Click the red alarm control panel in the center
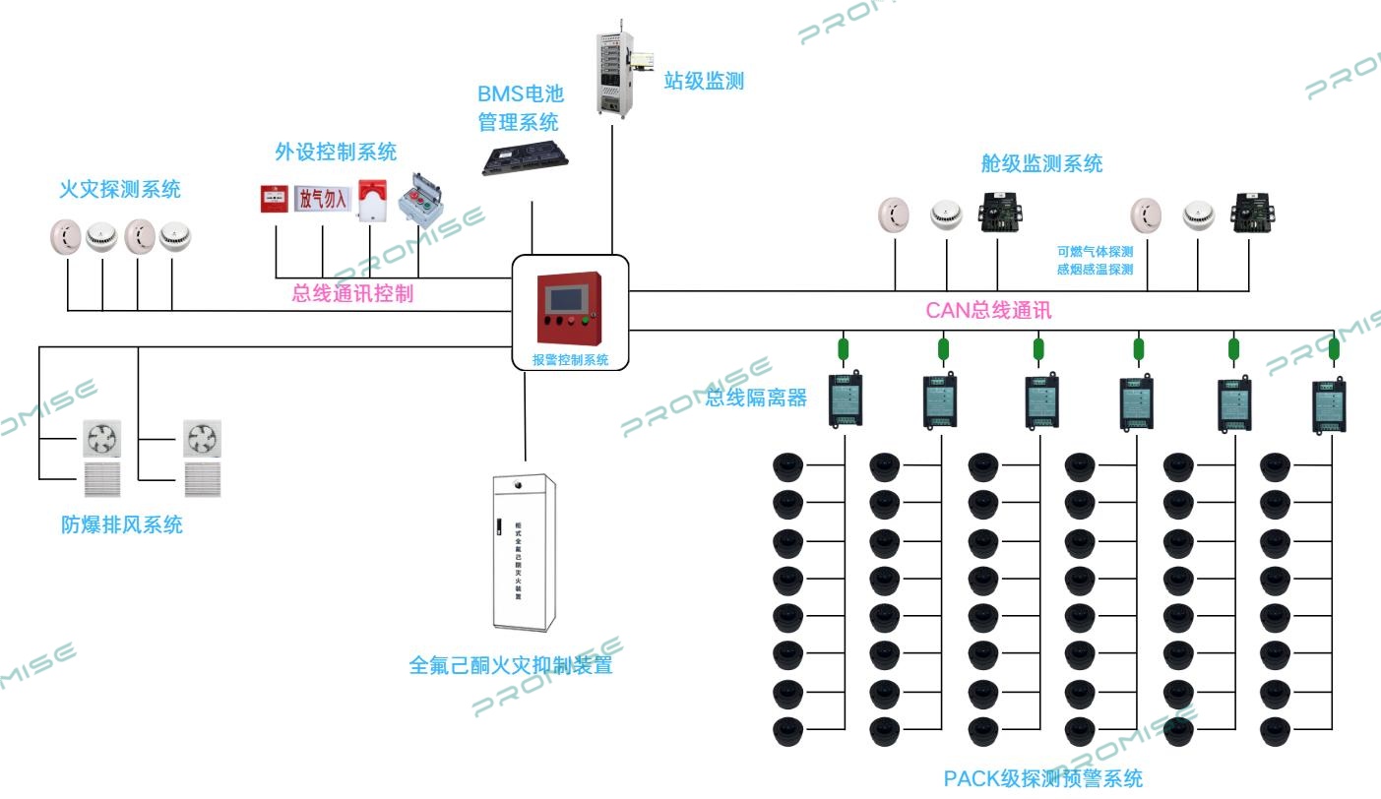tap(569, 306)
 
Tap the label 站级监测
tap(704, 82)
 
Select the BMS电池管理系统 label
tap(519, 108)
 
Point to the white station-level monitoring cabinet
tap(616, 70)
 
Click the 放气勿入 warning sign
tap(323, 199)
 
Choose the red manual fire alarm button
tap(274, 199)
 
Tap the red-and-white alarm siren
tap(371, 199)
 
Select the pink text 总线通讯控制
tap(352, 293)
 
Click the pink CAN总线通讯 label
tap(989, 311)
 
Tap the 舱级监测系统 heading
tap(1041, 164)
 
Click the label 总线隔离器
tap(757, 399)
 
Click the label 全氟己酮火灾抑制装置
tap(510, 666)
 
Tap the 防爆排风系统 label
tap(122, 525)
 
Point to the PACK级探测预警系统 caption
tap(1043, 779)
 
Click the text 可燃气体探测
tap(1095, 251)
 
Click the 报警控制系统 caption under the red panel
tap(570, 360)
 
